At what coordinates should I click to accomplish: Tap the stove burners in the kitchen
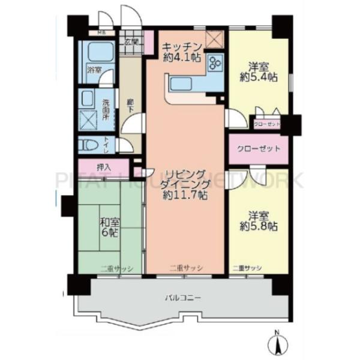tap(215, 63)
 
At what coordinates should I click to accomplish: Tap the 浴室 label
tap(94, 70)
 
